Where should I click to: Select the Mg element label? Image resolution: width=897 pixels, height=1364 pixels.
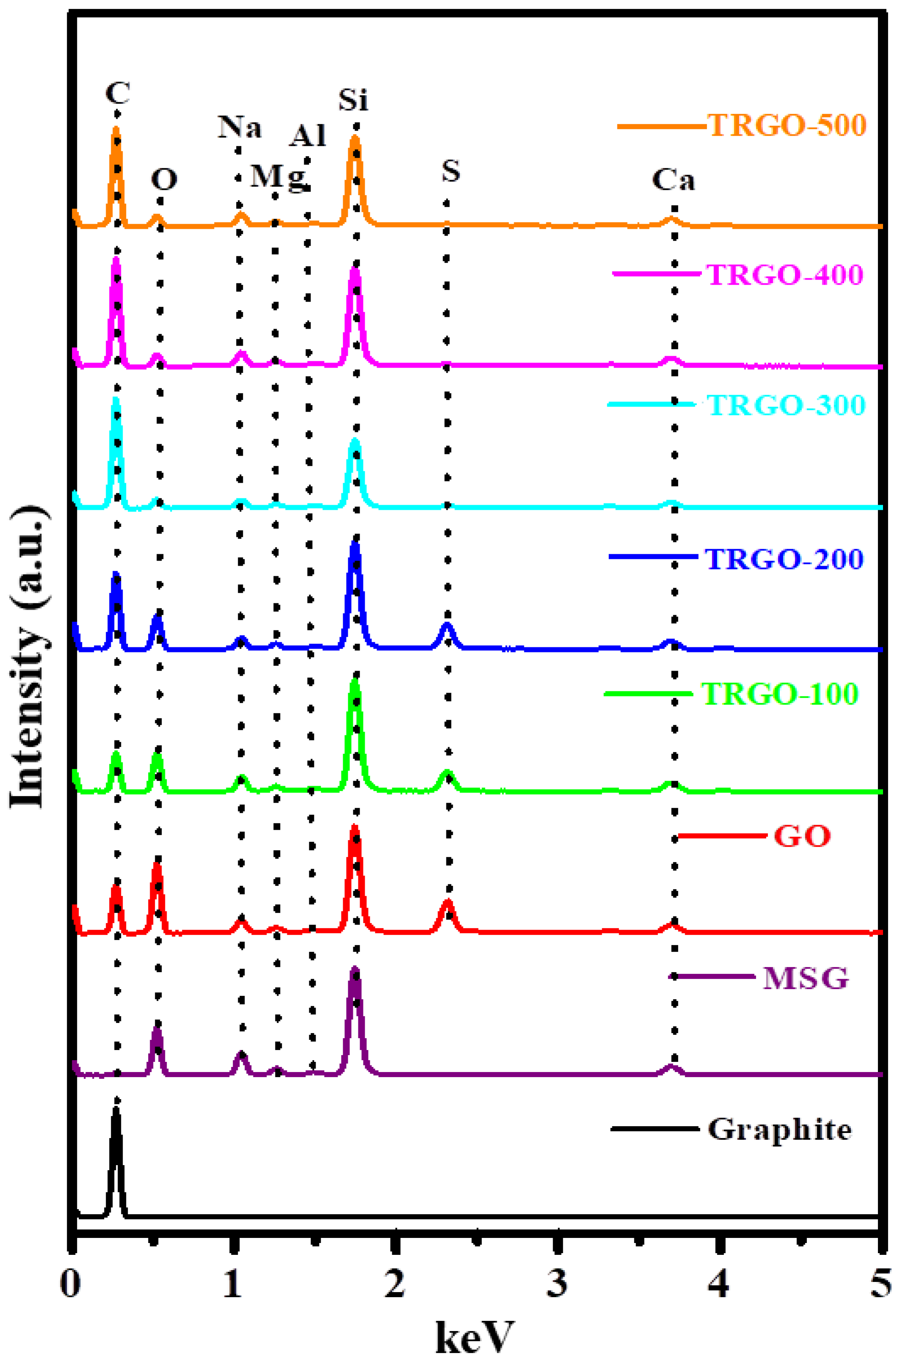[x=279, y=176]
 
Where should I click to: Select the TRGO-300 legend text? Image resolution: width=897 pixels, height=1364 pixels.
[x=785, y=405]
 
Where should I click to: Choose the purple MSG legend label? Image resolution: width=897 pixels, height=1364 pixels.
[x=805, y=978]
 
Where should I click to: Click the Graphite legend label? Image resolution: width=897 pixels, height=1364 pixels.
[x=779, y=1129]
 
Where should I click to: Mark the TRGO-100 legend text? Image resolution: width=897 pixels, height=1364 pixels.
[x=780, y=693]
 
